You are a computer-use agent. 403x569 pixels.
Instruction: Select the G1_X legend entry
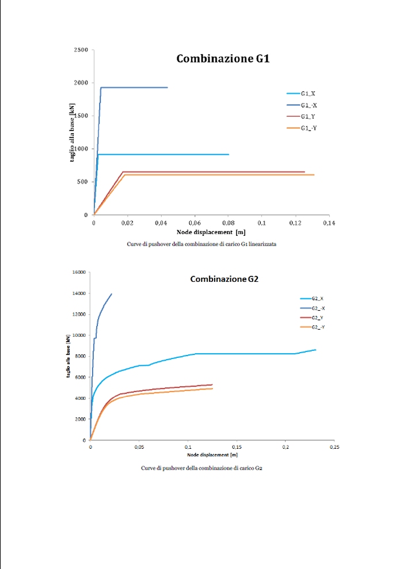point(307,93)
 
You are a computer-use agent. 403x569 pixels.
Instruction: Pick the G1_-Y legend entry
point(309,128)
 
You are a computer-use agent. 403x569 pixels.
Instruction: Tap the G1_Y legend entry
point(307,116)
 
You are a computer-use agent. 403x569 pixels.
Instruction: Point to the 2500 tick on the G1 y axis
point(81,50)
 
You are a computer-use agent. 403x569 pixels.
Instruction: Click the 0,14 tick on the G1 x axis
point(328,222)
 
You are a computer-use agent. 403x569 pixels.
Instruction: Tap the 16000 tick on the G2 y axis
point(79,272)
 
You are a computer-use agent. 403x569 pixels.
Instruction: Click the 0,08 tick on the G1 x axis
point(228,222)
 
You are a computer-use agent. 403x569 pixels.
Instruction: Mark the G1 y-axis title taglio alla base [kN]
point(73,133)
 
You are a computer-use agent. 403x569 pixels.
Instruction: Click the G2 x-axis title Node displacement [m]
point(211,455)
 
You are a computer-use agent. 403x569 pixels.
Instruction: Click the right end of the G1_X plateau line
point(229,154)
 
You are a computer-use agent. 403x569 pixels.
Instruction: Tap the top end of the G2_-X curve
point(111,294)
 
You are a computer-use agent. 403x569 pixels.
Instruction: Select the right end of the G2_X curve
point(315,349)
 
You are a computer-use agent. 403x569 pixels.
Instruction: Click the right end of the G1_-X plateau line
point(167,87)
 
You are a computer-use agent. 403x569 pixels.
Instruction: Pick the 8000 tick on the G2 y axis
point(81,356)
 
